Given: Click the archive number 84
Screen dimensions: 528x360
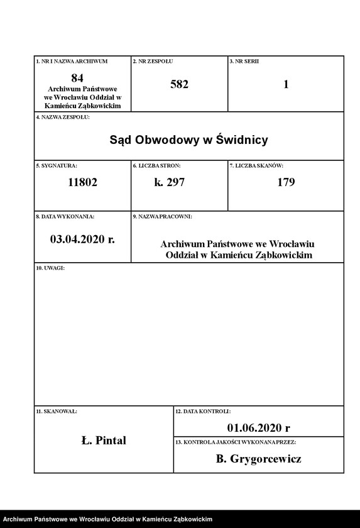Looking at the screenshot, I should [x=77, y=78].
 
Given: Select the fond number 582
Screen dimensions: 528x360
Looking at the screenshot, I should [x=179, y=84].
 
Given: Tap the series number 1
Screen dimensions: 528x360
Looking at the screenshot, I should [x=286, y=84].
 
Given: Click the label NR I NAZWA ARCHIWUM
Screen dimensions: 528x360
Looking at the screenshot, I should [x=72, y=61].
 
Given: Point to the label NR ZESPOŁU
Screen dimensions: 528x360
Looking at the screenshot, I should [x=153, y=61].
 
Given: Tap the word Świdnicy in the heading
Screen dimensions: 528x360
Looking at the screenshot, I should [x=241, y=140].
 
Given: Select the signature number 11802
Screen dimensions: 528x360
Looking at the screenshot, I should [x=82, y=183].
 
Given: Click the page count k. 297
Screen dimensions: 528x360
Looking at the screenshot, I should [x=169, y=183].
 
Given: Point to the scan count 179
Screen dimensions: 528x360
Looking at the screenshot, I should [x=286, y=183].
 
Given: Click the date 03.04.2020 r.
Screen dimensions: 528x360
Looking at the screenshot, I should [x=82, y=239].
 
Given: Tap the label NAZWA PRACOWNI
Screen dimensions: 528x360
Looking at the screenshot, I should [x=162, y=216].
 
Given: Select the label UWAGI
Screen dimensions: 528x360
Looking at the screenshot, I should [x=50, y=268].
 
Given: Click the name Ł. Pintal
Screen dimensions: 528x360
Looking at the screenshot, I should [x=104, y=440].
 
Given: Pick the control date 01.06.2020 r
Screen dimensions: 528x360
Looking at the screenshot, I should [x=259, y=428].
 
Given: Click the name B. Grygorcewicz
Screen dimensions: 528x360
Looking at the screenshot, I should [x=258, y=459].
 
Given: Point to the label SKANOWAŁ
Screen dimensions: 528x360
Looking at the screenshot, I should [x=57, y=411].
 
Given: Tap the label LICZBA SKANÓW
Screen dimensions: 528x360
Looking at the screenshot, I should [x=256, y=165].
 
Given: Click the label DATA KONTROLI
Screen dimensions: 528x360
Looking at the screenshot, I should [x=203, y=411].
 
